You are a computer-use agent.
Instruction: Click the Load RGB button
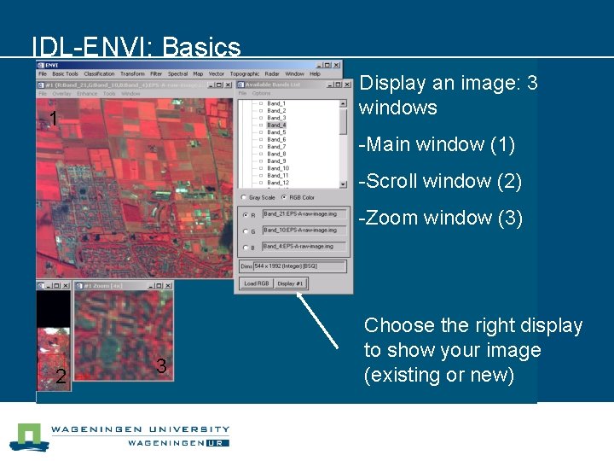pyautogui.click(x=257, y=283)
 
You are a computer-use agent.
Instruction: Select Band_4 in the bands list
pyautogui.click(x=275, y=125)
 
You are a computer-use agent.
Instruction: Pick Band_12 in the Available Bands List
pyautogui.click(x=277, y=183)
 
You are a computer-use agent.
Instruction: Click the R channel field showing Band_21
pyautogui.click(x=304, y=214)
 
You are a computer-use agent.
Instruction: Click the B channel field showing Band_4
pyautogui.click(x=304, y=247)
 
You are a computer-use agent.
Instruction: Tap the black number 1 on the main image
pyautogui.click(x=53, y=120)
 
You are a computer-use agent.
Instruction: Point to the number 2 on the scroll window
pyautogui.click(x=60, y=376)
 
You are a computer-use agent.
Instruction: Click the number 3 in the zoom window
pyautogui.click(x=161, y=367)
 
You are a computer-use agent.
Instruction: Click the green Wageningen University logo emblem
pyautogui.click(x=27, y=436)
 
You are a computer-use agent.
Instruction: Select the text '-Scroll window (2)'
pyautogui.click(x=440, y=181)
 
